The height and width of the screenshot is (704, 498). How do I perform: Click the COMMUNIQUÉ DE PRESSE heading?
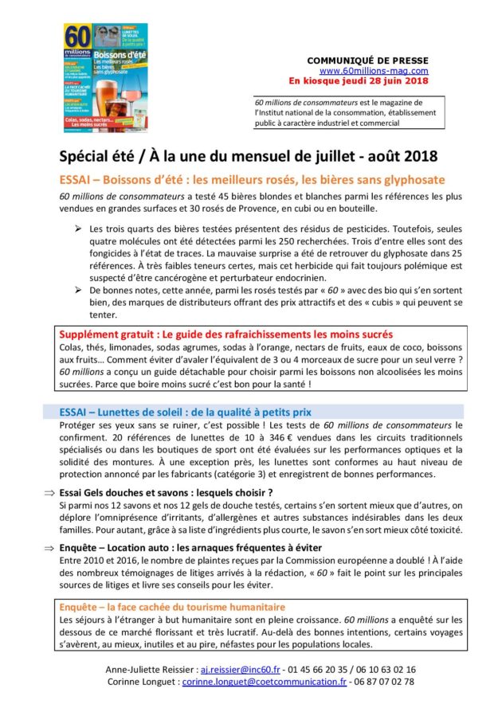[367, 61]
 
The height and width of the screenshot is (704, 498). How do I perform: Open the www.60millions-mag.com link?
[376, 71]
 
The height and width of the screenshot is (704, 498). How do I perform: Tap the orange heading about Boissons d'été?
[252, 180]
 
